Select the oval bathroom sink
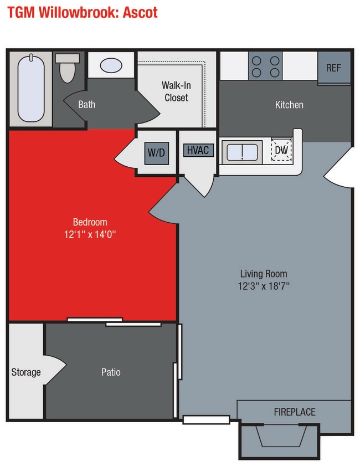pyautogui.click(x=111, y=65)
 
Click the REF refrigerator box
pyautogui.click(x=333, y=68)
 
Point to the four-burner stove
pyautogui.click(x=265, y=66)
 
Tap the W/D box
pyautogui.click(x=156, y=152)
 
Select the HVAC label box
pyautogui.click(x=198, y=150)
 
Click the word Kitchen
pyautogui.click(x=289, y=104)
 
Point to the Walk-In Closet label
pyautogui.click(x=175, y=91)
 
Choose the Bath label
pyautogui.click(x=86, y=104)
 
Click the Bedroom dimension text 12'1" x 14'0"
pyautogui.click(x=90, y=234)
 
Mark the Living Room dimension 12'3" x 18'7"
pyautogui.click(x=264, y=286)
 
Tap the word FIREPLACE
pyautogui.click(x=295, y=412)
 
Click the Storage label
pyautogui.click(x=26, y=372)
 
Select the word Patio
pyautogui.click(x=111, y=372)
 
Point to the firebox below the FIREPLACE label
pyautogui.click(x=279, y=436)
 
